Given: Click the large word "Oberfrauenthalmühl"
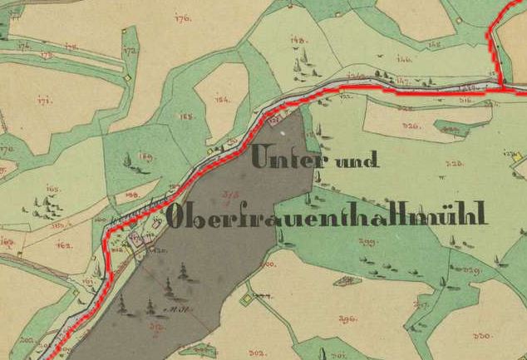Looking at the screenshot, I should tap(327, 215).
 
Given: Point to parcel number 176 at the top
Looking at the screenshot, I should tap(183, 17).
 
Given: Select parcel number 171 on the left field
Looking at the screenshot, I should tap(44, 100).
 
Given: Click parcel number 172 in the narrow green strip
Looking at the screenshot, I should tap(129, 52).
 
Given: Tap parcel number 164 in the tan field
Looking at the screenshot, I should tap(221, 100).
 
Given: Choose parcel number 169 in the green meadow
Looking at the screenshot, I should tap(146, 156).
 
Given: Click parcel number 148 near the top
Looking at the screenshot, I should tap(298, 39).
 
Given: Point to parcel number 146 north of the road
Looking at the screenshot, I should tap(404, 58).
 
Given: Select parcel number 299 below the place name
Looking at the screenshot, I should tap(367, 242).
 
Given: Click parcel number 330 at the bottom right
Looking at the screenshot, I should tap(481, 336).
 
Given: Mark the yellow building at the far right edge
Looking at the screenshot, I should tap(516, 155).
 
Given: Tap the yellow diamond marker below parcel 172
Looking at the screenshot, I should tap(126, 77).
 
